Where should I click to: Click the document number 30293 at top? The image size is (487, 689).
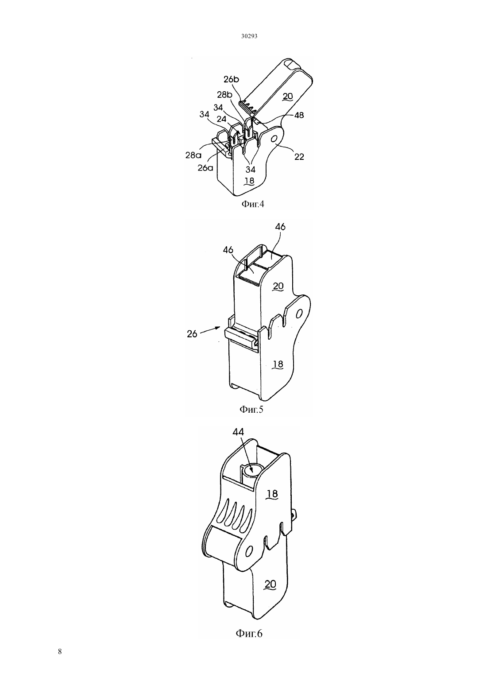tap(249, 36)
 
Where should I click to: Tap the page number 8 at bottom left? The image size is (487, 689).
tap(60, 651)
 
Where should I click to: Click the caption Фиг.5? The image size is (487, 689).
tap(251, 410)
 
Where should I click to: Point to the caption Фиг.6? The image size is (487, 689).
tap(249, 634)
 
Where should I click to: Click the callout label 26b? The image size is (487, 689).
tap(231, 79)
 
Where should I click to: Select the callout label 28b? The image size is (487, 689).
tap(224, 95)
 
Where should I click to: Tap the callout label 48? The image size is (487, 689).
tap(299, 115)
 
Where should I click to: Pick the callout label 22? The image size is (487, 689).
tap(299, 157)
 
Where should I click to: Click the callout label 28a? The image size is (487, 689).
tap(193, 155)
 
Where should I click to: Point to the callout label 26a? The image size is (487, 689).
tap(205, 168)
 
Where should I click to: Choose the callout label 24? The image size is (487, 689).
tap(221, 119)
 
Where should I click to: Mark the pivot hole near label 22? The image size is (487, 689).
tap(273, 139)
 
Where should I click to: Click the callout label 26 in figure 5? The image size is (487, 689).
tap(192, 334)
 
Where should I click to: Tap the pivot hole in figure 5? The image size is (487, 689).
tap(298, 315)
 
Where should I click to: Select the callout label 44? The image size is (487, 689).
tap(238, 432)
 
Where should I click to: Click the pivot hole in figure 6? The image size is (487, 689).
tap(249, 550)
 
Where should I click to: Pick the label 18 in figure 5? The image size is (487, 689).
tap(278, 364)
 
